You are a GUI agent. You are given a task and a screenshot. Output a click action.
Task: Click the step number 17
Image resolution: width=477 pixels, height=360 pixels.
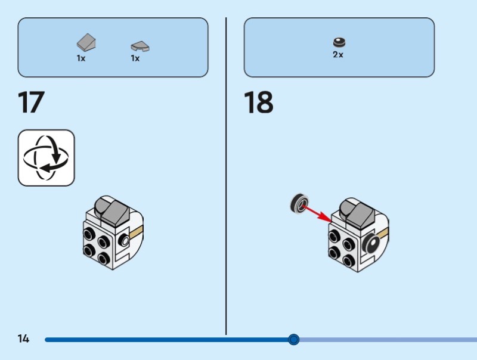click(x=31, y=102)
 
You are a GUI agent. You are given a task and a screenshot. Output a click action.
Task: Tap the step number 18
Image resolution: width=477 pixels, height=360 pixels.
click(x=258, y=102)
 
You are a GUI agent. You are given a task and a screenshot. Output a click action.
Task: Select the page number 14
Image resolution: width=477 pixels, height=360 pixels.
click(x=23, y=339)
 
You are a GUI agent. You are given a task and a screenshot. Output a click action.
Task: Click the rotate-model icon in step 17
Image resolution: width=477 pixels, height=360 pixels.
click(x=47, y=158)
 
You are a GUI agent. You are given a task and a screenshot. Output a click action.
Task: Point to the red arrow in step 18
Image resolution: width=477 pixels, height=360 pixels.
click(x=317, y=213)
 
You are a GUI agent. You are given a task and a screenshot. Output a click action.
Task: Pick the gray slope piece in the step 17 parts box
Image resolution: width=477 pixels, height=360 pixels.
click(x=87, y=43)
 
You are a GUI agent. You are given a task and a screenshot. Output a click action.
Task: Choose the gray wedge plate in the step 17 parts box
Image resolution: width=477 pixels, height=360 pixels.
click(x=140, y=45)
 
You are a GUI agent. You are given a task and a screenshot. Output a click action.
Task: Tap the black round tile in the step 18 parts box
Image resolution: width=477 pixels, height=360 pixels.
click(x=339, y=42)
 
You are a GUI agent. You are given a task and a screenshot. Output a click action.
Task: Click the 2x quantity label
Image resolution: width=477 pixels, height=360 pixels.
click(x=338, y=55)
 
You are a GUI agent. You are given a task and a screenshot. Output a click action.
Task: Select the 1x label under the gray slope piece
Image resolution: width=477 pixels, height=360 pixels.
click(x=81, y=58)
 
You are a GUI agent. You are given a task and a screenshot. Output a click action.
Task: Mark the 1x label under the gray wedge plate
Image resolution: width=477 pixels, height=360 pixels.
click(x=135, y=58)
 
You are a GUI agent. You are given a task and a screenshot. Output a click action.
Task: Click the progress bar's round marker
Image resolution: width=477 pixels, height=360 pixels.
click(x=293, y=340)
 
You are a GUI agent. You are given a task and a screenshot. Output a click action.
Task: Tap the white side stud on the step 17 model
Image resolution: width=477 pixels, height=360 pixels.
click(x=124, y=241)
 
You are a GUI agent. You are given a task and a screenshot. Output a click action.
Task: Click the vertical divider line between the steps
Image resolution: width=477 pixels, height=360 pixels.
click(x=226, y=179)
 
